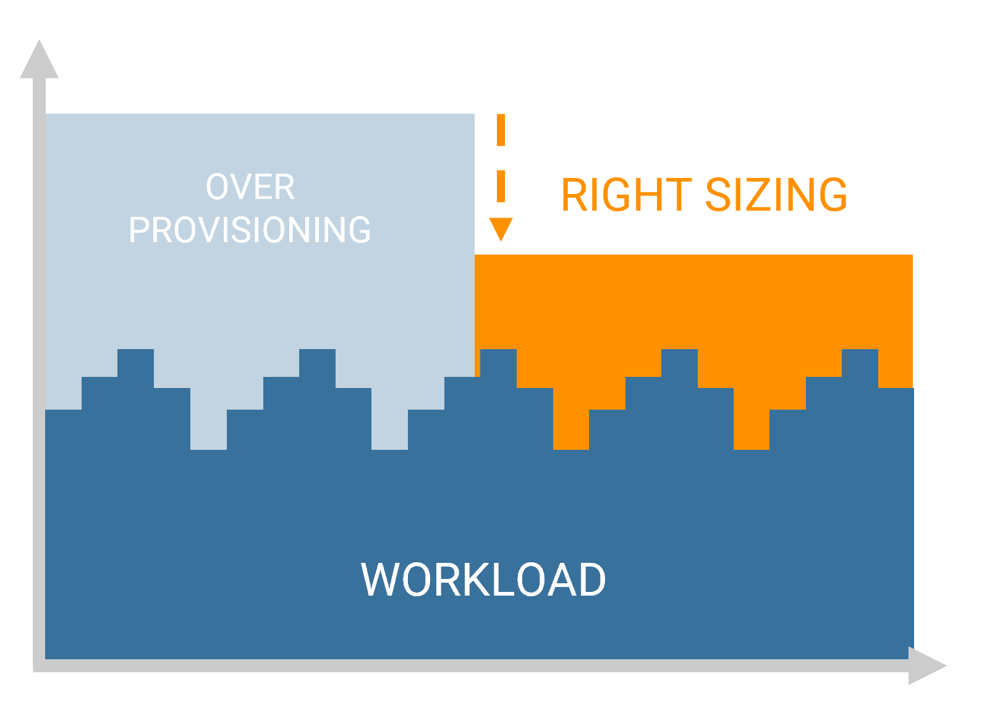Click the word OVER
(x=250, y=187)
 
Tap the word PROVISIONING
(x=250, y=230)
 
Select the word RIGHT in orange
(x=626, y=195)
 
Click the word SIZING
(x=776, y=195)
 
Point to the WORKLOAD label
(x=483, y=580)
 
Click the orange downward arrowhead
(x=501, y=228)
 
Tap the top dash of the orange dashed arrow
(x=501, y=130)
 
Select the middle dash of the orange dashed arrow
(x=501, y=185)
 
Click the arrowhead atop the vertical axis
(x=39, y=61)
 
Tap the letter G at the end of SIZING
(x=831, y=195)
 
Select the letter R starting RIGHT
(x=574, y=195)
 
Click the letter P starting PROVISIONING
(x=139, y=230)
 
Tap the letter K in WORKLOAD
(x=470, y=580)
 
